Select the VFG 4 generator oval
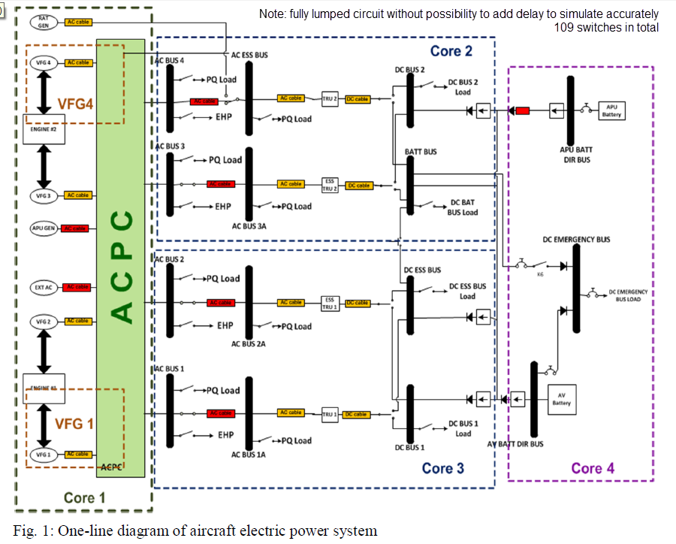[x=44, y=62]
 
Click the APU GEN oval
[x=44, y=228]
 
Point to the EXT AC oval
[x=44, y=286]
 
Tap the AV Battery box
[x=561, y=398]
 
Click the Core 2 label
[x=451, y=51]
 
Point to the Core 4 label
[x=593, y=468]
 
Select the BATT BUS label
[x=420, y=152]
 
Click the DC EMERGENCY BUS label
[x=576, y=240]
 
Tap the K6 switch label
[x=540, y=274]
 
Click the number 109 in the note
[x=565, y=27]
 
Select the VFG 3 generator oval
[x=44, y=195]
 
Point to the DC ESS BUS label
[x=422, y=270]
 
